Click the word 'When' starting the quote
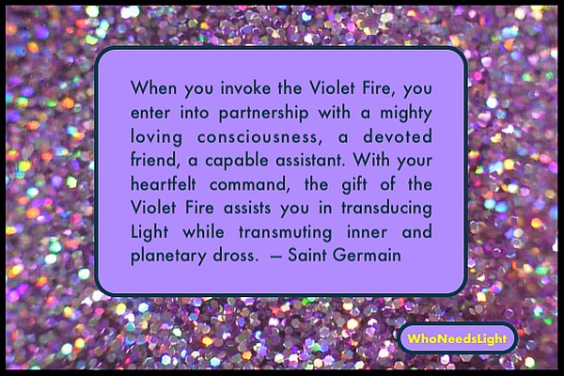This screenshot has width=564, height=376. point(153,87)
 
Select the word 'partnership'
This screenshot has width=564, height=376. point(264,114)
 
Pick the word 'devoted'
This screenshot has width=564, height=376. point(398,136)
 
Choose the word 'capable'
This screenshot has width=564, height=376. point(237,161)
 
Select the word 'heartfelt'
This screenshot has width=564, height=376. point(164,184)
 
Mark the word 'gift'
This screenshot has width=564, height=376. point(354,185)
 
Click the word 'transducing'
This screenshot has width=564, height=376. point(386,209)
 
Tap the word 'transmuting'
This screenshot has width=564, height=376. point(286,232)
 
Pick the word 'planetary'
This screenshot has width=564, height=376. point(168,257)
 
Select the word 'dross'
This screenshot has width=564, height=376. point(236,256)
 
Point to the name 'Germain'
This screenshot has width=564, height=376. point(367,256)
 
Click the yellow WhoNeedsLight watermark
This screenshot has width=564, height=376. point(457,338)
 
